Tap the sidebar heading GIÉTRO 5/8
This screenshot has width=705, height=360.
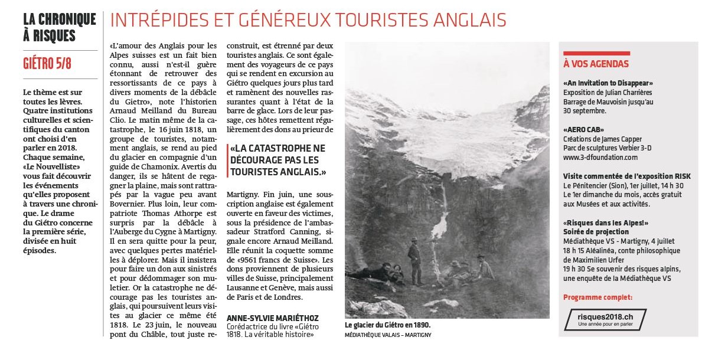tap(47, 63)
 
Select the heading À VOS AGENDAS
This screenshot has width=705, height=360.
tap(596, 64)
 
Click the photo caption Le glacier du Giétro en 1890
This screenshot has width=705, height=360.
tap(388, 325)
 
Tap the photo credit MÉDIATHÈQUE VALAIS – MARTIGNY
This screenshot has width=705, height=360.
tap(389, 335)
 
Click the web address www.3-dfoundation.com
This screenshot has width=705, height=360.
tap(600, 158)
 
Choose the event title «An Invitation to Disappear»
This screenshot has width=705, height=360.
tap(608, 83)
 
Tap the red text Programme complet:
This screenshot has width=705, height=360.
tap(598, 297)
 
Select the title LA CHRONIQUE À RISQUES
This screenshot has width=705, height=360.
tap(59, 27)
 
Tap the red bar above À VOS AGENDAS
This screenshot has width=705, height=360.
tap(596, 53)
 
